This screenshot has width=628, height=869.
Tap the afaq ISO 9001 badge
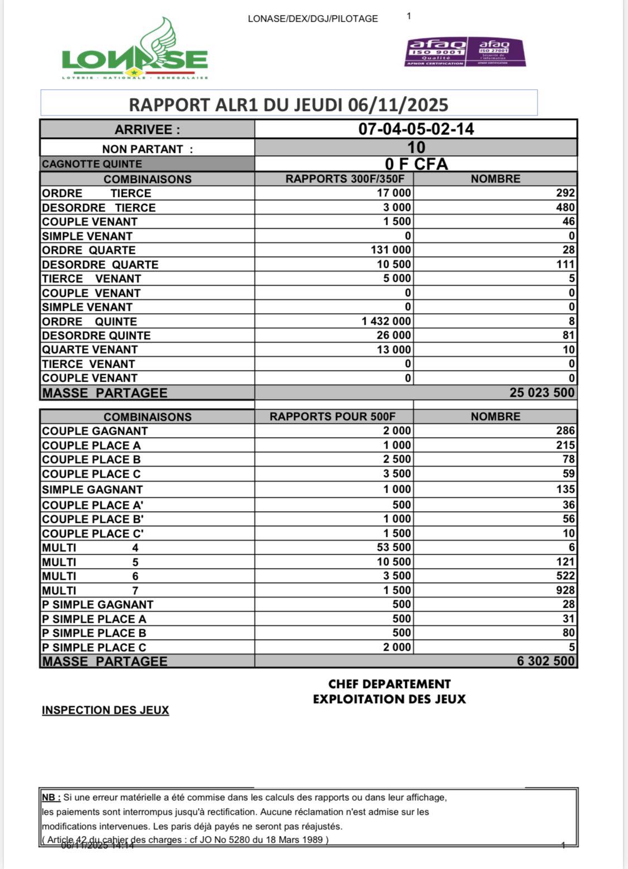pyautogui.click(x=435, y=52)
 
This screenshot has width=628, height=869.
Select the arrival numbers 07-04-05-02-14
pyautogui.click(x=416, y=129)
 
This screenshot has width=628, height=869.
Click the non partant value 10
pyautogui.click(x=416, y=148)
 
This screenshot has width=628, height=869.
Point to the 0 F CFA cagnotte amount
pyautogui.click(x=416, y=164)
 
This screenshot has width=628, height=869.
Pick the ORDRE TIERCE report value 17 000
pyautogui.click(x=394, y=193)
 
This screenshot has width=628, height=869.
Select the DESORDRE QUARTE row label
pyautogui.click(x=100, y=265)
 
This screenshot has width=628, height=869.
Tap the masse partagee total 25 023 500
pyautogui.click(x=541, y=392)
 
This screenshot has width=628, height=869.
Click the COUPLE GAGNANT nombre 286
pyautogui.click(x=565, y=431)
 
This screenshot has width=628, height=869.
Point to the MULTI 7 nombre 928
pyautogui.click(x=565, y=590)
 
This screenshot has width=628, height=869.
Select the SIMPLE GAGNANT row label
pyautogui.click(x=93, y=489)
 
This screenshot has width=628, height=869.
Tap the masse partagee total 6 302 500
pyautogui.click(x=545, y=661)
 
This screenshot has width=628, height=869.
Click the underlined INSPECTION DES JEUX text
pyautogui.click(x=106, y=710)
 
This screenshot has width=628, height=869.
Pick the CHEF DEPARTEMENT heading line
pyautogui.click(x=389, y=684)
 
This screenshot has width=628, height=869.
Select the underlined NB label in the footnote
pyautogui.click(x=51, y=798)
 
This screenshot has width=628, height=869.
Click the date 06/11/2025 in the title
pyautogui.click(x=398, y=105)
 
